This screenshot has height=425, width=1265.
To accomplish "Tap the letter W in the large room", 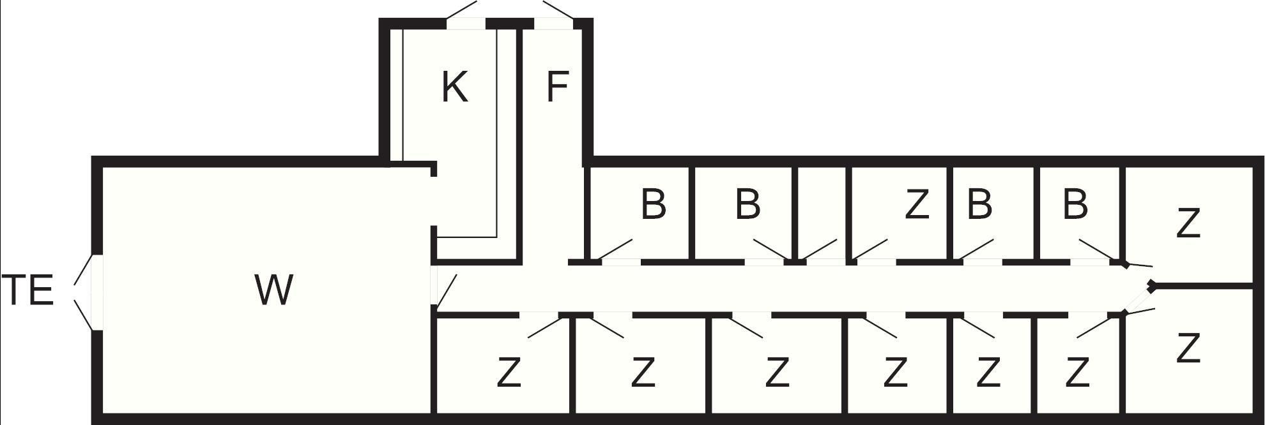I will (x=274, y=290).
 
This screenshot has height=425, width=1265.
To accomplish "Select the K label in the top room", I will (x=455, y=87).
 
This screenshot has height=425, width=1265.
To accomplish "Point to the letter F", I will (x=557, y=87).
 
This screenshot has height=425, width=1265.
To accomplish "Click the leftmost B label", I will (x=653, y=205).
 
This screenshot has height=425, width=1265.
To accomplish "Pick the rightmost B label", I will (x=1075, y=205).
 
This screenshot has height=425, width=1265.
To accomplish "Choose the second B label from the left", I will (x=747, y=205).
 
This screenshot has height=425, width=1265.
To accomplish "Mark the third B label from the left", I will (x=979, y=205).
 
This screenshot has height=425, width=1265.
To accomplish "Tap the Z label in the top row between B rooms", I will (x=917, y=205).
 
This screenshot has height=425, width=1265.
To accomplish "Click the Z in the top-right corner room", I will (x=1188, y=223).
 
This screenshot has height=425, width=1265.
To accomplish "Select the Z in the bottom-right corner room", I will (x=1188, y=348).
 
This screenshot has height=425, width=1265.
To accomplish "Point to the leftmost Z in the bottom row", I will (x=509, y=373).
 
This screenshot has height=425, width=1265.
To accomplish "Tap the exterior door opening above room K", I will (x=466, y=24).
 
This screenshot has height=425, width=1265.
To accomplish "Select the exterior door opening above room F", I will (x=553, y=24).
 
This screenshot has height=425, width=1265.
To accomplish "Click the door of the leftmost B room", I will (x=620, y=261).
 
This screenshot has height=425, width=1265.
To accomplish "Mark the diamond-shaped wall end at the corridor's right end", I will (x=1151, y=287).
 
